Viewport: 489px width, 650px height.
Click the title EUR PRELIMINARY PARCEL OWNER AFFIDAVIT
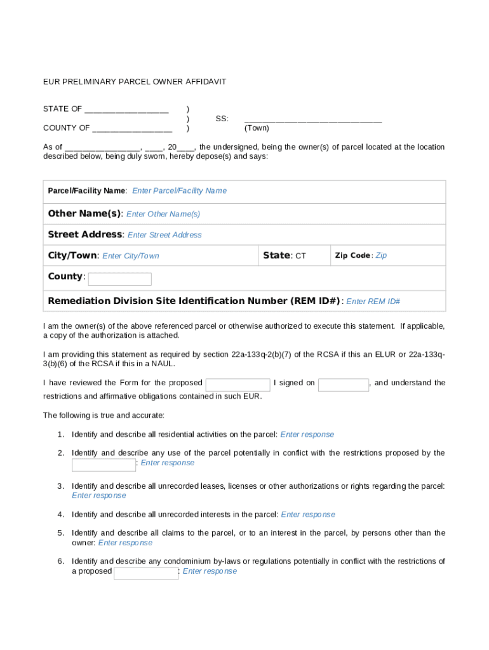pyautogui.click(x=135, y=82)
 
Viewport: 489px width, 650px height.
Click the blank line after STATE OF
pyautogui.click(x=126, y=109)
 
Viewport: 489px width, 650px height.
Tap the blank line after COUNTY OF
pyautogui.click(x=132, y=128)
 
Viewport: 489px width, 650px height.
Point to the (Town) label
pyautogui.click(x=257, y=128)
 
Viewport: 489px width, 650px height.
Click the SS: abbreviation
pyautogui.click(x=222, y=119)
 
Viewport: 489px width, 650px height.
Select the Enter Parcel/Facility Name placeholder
pyautogui.click(x=179, y=191)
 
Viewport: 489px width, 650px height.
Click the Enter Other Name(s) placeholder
pyautogui.click(x=163, y=214)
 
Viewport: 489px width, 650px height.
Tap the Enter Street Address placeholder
pyautogui.click(x=164, y=235)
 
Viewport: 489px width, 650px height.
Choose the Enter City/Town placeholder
pyautogui.click(x=131, y=256)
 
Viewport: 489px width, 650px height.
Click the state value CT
pyautogui.click(x=300, y=256)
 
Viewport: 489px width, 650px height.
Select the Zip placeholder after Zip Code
pyautogui.click(x=381, y=255)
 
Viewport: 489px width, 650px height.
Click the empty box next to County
pyautogui.click(x=119, y=279)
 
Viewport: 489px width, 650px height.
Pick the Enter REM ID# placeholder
pyautogui.click(x=373, y=302)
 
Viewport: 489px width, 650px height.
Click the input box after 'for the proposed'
pyautogui.click(x=238, y=385)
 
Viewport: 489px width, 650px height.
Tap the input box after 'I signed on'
pyautogui.click(x=343, y=385)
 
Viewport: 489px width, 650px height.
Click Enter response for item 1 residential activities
pyautogui.click(x=307, y=435)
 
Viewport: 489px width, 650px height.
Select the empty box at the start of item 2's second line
pyautogui.click(x=104, y=465)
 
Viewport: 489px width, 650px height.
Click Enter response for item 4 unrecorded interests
pyautogui.click(x=308, y=515)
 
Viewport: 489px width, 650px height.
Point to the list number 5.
pyautogui.click(x=60, y=533)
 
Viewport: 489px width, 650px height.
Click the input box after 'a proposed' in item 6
pyautogui.click(x=146, y=573)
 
